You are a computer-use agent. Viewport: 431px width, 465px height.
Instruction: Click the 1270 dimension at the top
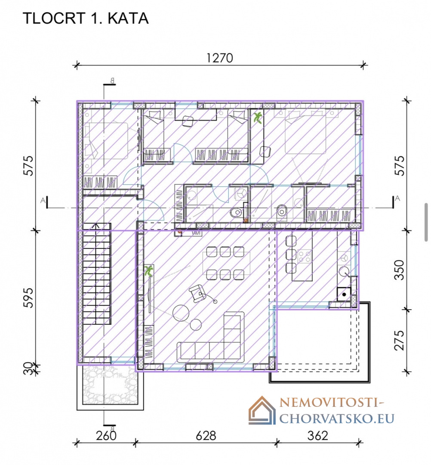pyautogui.click(x=219, y=58)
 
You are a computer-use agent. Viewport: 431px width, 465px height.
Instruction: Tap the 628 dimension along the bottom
pyautogui.click(x=206, y=436)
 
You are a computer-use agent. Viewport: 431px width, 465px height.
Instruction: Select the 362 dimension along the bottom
pyautogui.click(x=317, y=436)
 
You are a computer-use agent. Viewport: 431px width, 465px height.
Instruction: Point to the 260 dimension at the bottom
pyautogui.click(x=106, y=436)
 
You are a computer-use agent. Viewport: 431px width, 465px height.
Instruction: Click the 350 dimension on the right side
pyautogui.click(x=400, y=270)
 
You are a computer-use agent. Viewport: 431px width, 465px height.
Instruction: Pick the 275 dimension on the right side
pyautogui.click(x=400, y=340)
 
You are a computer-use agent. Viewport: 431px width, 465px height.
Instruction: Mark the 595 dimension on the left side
pyautogui.click(x=29, y=298)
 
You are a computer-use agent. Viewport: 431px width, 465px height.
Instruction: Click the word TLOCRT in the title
pyautogui.click(x=54, y=19)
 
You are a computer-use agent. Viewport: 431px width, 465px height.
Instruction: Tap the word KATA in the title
pyautogui.click(x=128, y=19)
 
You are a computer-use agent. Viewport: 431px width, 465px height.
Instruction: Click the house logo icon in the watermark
pyautogui.click(x=262, y=410)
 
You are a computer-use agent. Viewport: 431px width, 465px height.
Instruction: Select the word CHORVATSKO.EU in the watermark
pyautogui.click(x=337, y=419)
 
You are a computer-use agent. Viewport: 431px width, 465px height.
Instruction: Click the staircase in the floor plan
pyautogui.click(x=97, y=273)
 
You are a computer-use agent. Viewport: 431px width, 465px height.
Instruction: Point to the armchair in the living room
pyautogui.click(x=198, y=294)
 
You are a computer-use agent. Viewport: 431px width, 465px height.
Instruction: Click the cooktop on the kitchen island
pyautogui.click(x=305, y=257)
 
